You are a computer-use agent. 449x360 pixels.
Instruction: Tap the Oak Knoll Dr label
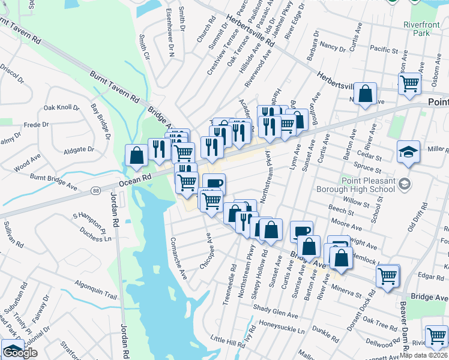pos(61,108)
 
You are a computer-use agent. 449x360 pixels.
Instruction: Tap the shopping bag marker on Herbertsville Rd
pos(365,93)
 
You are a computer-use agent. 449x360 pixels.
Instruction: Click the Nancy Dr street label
pos(333,47)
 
